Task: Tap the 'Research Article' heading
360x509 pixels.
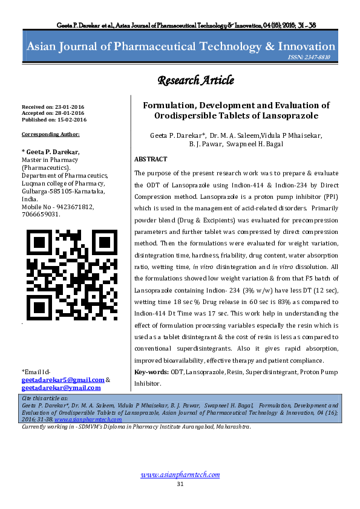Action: pos(196,80)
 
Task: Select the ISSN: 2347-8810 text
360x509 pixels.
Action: pos(313,58)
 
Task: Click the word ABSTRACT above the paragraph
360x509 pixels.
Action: pos(151,159)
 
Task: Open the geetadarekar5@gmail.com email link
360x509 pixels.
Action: pos(62,380)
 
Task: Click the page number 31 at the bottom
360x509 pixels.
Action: pos(180,485)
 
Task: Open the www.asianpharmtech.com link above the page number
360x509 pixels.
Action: pos(180,475)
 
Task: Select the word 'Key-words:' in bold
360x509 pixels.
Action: pos(151,371)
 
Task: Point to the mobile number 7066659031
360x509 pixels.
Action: pos(41,214)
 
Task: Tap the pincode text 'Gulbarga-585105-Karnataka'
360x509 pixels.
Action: pos(64,190)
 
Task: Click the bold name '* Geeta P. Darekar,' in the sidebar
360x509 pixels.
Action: pos(50,151)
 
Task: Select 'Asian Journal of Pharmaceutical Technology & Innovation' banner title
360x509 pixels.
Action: pos(180,47)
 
